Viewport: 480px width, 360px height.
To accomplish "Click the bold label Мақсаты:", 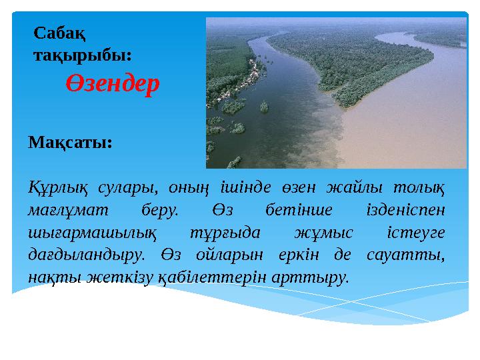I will pyautogui.click(x=70, y=143).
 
